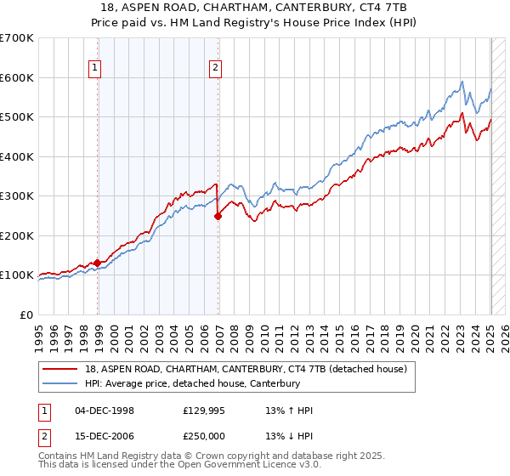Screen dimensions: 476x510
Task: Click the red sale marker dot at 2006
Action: (218, 216)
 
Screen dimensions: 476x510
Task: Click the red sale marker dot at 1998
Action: (97, 263)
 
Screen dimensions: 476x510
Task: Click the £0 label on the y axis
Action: (27, 314)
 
